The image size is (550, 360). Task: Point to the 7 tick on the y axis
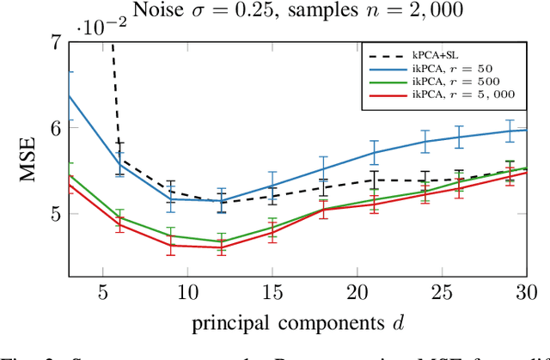pos(55,41)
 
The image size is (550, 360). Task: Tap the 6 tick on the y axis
pos(55,127)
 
